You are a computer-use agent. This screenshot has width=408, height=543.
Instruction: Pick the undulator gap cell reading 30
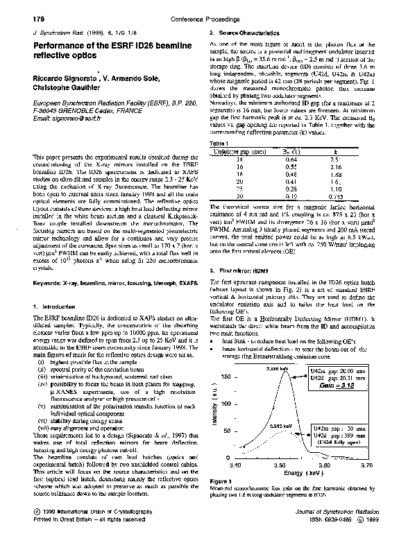click(239, 196)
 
